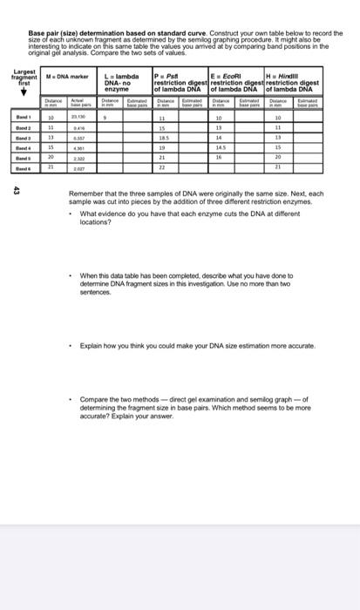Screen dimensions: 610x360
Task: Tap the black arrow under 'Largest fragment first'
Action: click(23, 95)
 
